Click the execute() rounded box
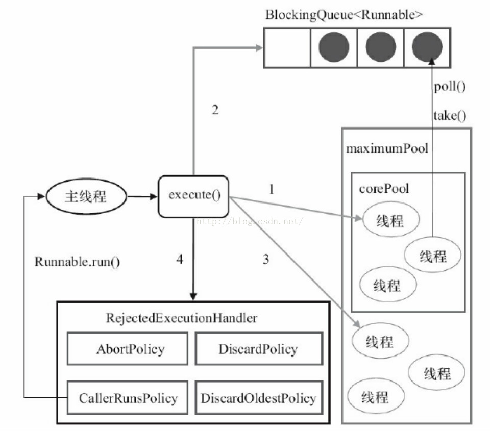tap(193, 196)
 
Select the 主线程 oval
tap(86, 196)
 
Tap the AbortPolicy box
tap(128, 348)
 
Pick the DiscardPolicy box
tap(259, 348)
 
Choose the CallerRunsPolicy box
tap(128, 398)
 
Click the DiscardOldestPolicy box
tap(259, 398)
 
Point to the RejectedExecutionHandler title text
tap(182, 318)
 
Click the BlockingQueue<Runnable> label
tap(344, 15)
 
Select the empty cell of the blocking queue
tap(287, 47)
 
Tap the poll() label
tap(450, 87)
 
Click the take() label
tap(450, 116)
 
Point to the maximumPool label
tap(387, 148)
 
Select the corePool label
tap(384, 189)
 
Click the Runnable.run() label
tap(77, 262)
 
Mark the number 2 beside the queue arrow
tap(215, 110)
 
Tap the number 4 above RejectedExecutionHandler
tap(180, 259)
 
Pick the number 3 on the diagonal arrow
tap(266, 259)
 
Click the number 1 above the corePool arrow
tap(272, 189)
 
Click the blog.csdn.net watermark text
tap(250, 221)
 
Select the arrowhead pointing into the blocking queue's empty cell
tap(259, 48)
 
